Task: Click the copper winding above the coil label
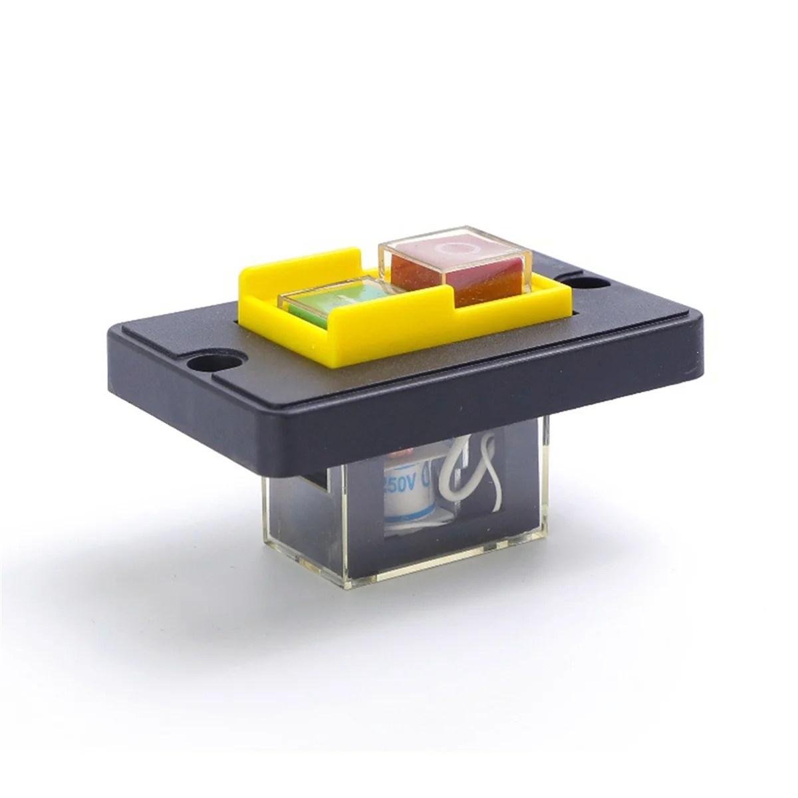click(398, 454)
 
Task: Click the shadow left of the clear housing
click(199, 532)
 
